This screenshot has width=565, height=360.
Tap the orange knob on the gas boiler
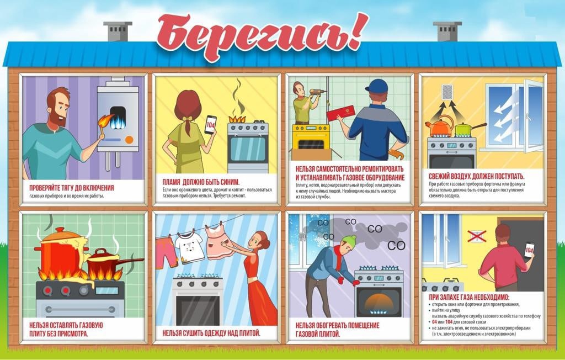(x=129, y=139)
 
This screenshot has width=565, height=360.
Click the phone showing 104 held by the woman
(x=210, y=125)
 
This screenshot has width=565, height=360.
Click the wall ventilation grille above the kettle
(x=447, y=92)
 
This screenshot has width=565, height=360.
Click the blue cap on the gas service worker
(x=376, y=87)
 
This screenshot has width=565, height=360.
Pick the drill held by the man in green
(x=318, y=92)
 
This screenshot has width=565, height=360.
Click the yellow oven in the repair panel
(x=311, y=137)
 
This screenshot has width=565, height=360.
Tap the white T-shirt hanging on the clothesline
(x=189, y=247)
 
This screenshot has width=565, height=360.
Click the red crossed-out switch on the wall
(x=477, y=236)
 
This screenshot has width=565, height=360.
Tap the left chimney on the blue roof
(x=118, y=31)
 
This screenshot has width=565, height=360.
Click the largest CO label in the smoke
(x=396, y=246)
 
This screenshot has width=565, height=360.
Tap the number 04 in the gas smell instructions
(x=435, y=322)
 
